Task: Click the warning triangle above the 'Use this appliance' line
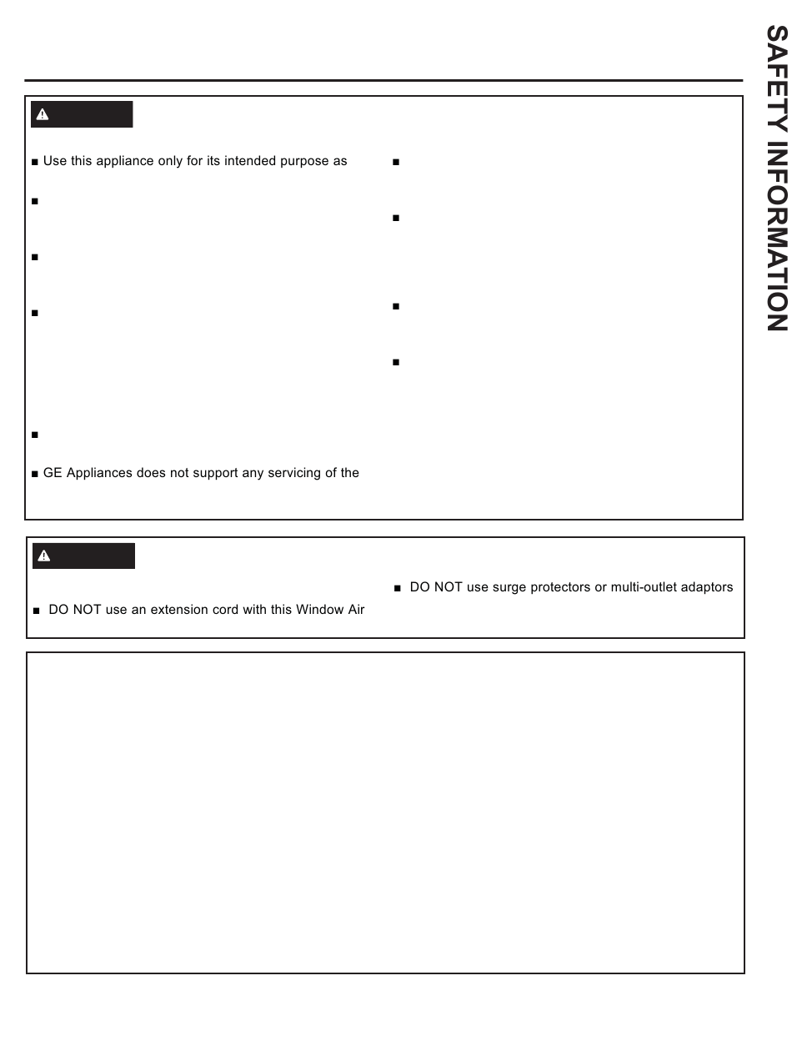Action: [43, 115]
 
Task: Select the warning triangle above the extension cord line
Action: [44, 556]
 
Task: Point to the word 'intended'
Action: [242, 161]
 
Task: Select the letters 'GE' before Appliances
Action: [52, 473]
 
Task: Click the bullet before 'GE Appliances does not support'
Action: [35, 474]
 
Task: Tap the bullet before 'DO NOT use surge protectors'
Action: [398, 588]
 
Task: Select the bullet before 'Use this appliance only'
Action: [35, 162]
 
